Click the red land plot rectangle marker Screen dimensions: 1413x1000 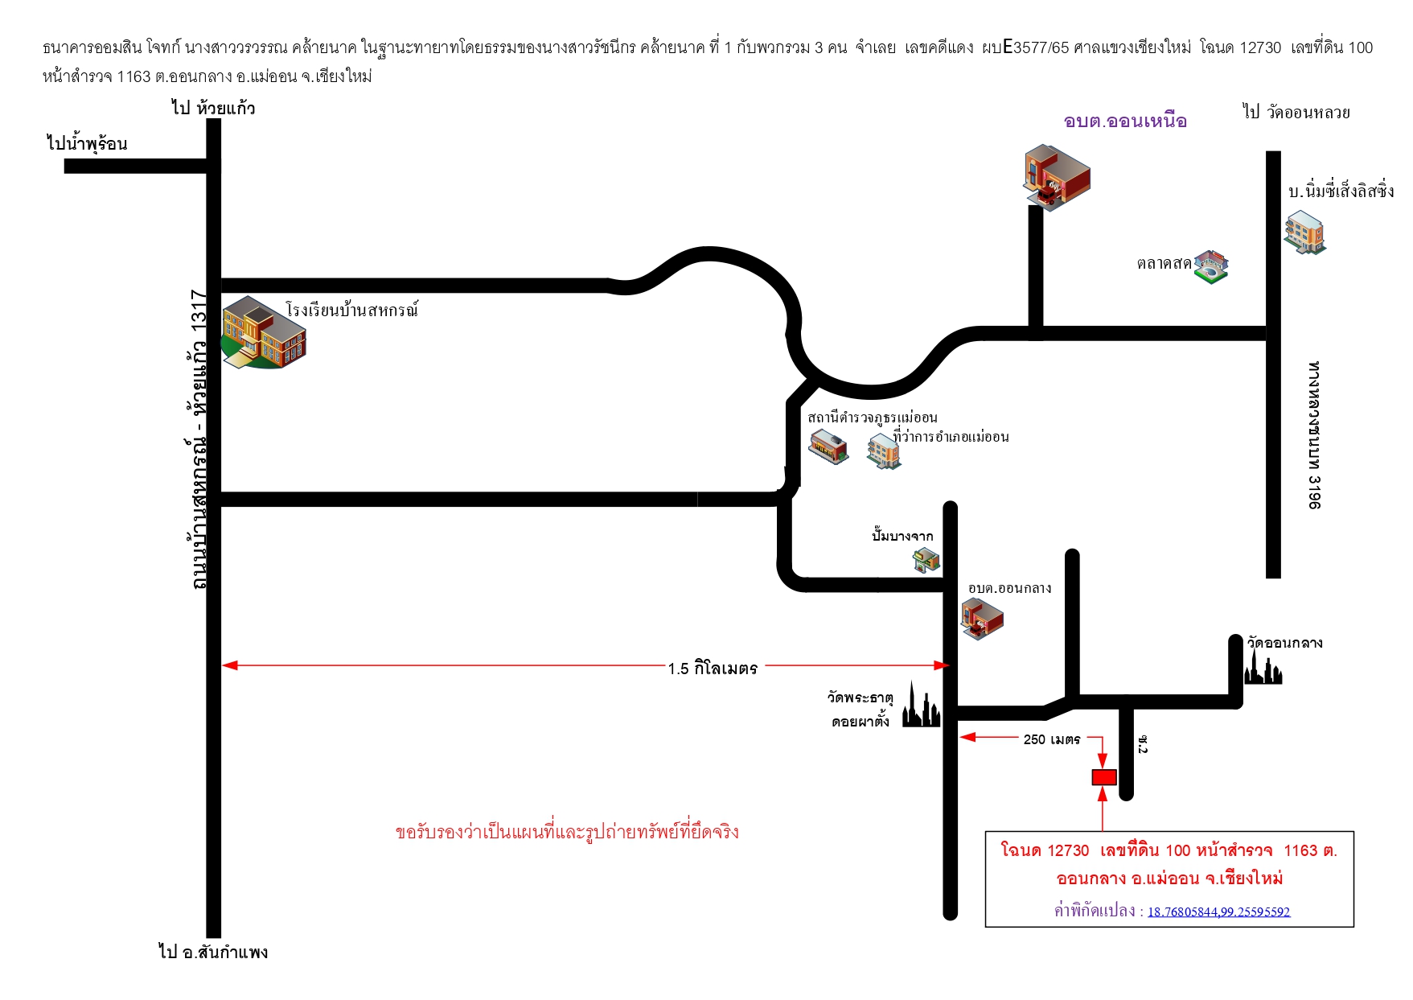point(1104,777)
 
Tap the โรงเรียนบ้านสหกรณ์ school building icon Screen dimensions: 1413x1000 point(264,332)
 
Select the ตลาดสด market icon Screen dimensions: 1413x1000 point(1211,266)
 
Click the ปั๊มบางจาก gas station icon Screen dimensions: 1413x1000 point(926,559)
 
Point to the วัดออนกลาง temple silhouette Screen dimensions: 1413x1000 point(1263,668)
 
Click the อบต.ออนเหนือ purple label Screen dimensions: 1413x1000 point(1125,121)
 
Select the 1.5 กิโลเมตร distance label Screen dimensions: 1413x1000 point(713,669)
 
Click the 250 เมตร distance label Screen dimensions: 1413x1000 point(1052,739)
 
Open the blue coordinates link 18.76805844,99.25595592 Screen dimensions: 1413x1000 point(1218,912)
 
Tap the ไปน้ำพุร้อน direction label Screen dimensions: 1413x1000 point(87,143)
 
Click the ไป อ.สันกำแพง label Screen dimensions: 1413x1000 point(213,952)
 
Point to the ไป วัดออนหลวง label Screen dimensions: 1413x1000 point(1296,113)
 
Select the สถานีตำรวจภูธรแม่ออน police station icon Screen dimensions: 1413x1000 point(828,447)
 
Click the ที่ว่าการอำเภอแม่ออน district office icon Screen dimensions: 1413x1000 point(884,451)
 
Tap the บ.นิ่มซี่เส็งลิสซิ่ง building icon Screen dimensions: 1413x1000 point(1304,233)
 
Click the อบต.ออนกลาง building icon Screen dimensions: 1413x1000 point(982,619)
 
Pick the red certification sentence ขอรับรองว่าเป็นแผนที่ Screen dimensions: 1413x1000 point(567,831)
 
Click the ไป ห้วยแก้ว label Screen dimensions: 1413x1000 point(213,108)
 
